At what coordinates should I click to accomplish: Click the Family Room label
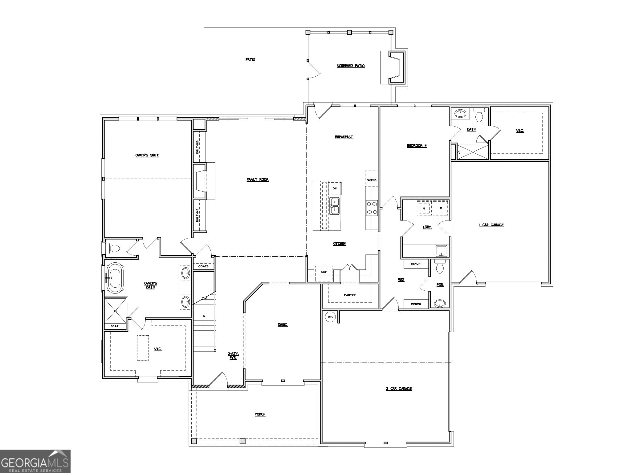(258, 180)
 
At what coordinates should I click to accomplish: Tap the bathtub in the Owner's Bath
(115, 278)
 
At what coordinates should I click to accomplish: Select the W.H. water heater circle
(330, 317)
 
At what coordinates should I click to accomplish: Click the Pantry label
(350, 295)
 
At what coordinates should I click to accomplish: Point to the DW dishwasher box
(335, 188)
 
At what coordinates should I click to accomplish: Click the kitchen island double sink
(335, 206)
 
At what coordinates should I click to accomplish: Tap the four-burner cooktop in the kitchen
(372, 208)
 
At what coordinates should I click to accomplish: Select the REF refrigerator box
(324, 272)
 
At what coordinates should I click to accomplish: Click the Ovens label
(372, 180)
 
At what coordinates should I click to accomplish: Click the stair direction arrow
(204, 322)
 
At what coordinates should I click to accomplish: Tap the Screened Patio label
(351, 66)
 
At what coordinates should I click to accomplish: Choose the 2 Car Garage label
(399, 389)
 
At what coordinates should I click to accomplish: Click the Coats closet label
(203, 266)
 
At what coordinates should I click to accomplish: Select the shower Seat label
(114, 326)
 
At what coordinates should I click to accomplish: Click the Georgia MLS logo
(35, 461)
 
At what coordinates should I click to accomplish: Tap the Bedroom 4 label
(417, 146)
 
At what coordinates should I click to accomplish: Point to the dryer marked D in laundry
(441, 208)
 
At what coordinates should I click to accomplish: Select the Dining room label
(283, 325)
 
